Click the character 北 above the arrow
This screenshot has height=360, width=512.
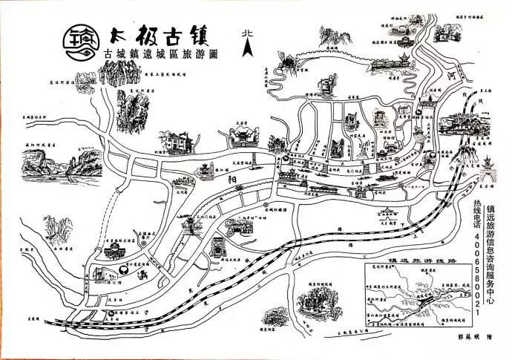click(248, 33)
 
